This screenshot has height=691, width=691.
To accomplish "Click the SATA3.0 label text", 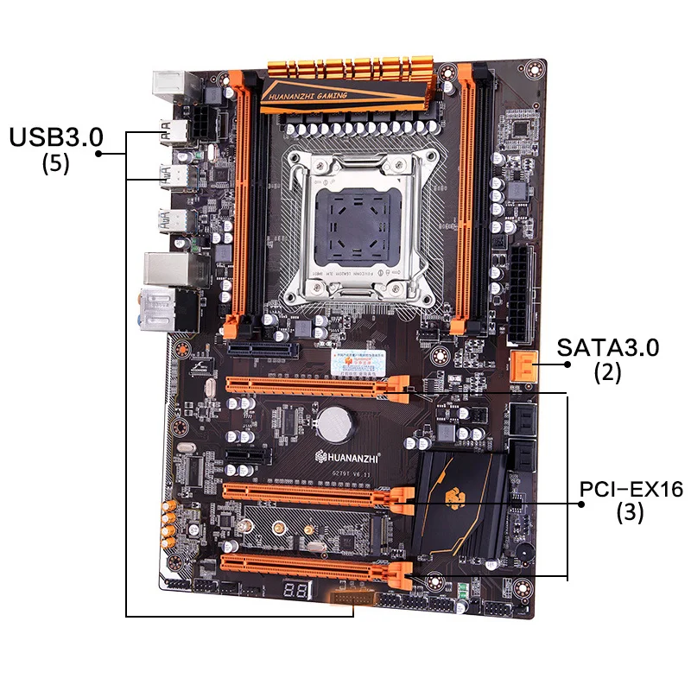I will pyautogui.click(x=607, y=348).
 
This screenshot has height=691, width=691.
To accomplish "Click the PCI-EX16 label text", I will pyautogui.click(x=631, y=489).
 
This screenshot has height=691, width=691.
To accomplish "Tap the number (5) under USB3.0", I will pyautogui.click(x=55, y=163).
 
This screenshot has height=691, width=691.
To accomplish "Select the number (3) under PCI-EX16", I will pyautogui.click(x=630, y=513).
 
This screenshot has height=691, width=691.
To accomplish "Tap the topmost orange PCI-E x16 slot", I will pyautogui.click(x=315, y=389).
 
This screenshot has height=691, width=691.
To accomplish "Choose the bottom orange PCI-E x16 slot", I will pyautogui.click(x=315, y=567).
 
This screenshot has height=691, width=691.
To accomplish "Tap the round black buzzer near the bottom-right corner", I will pyautogui.click(x=524, y=554).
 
